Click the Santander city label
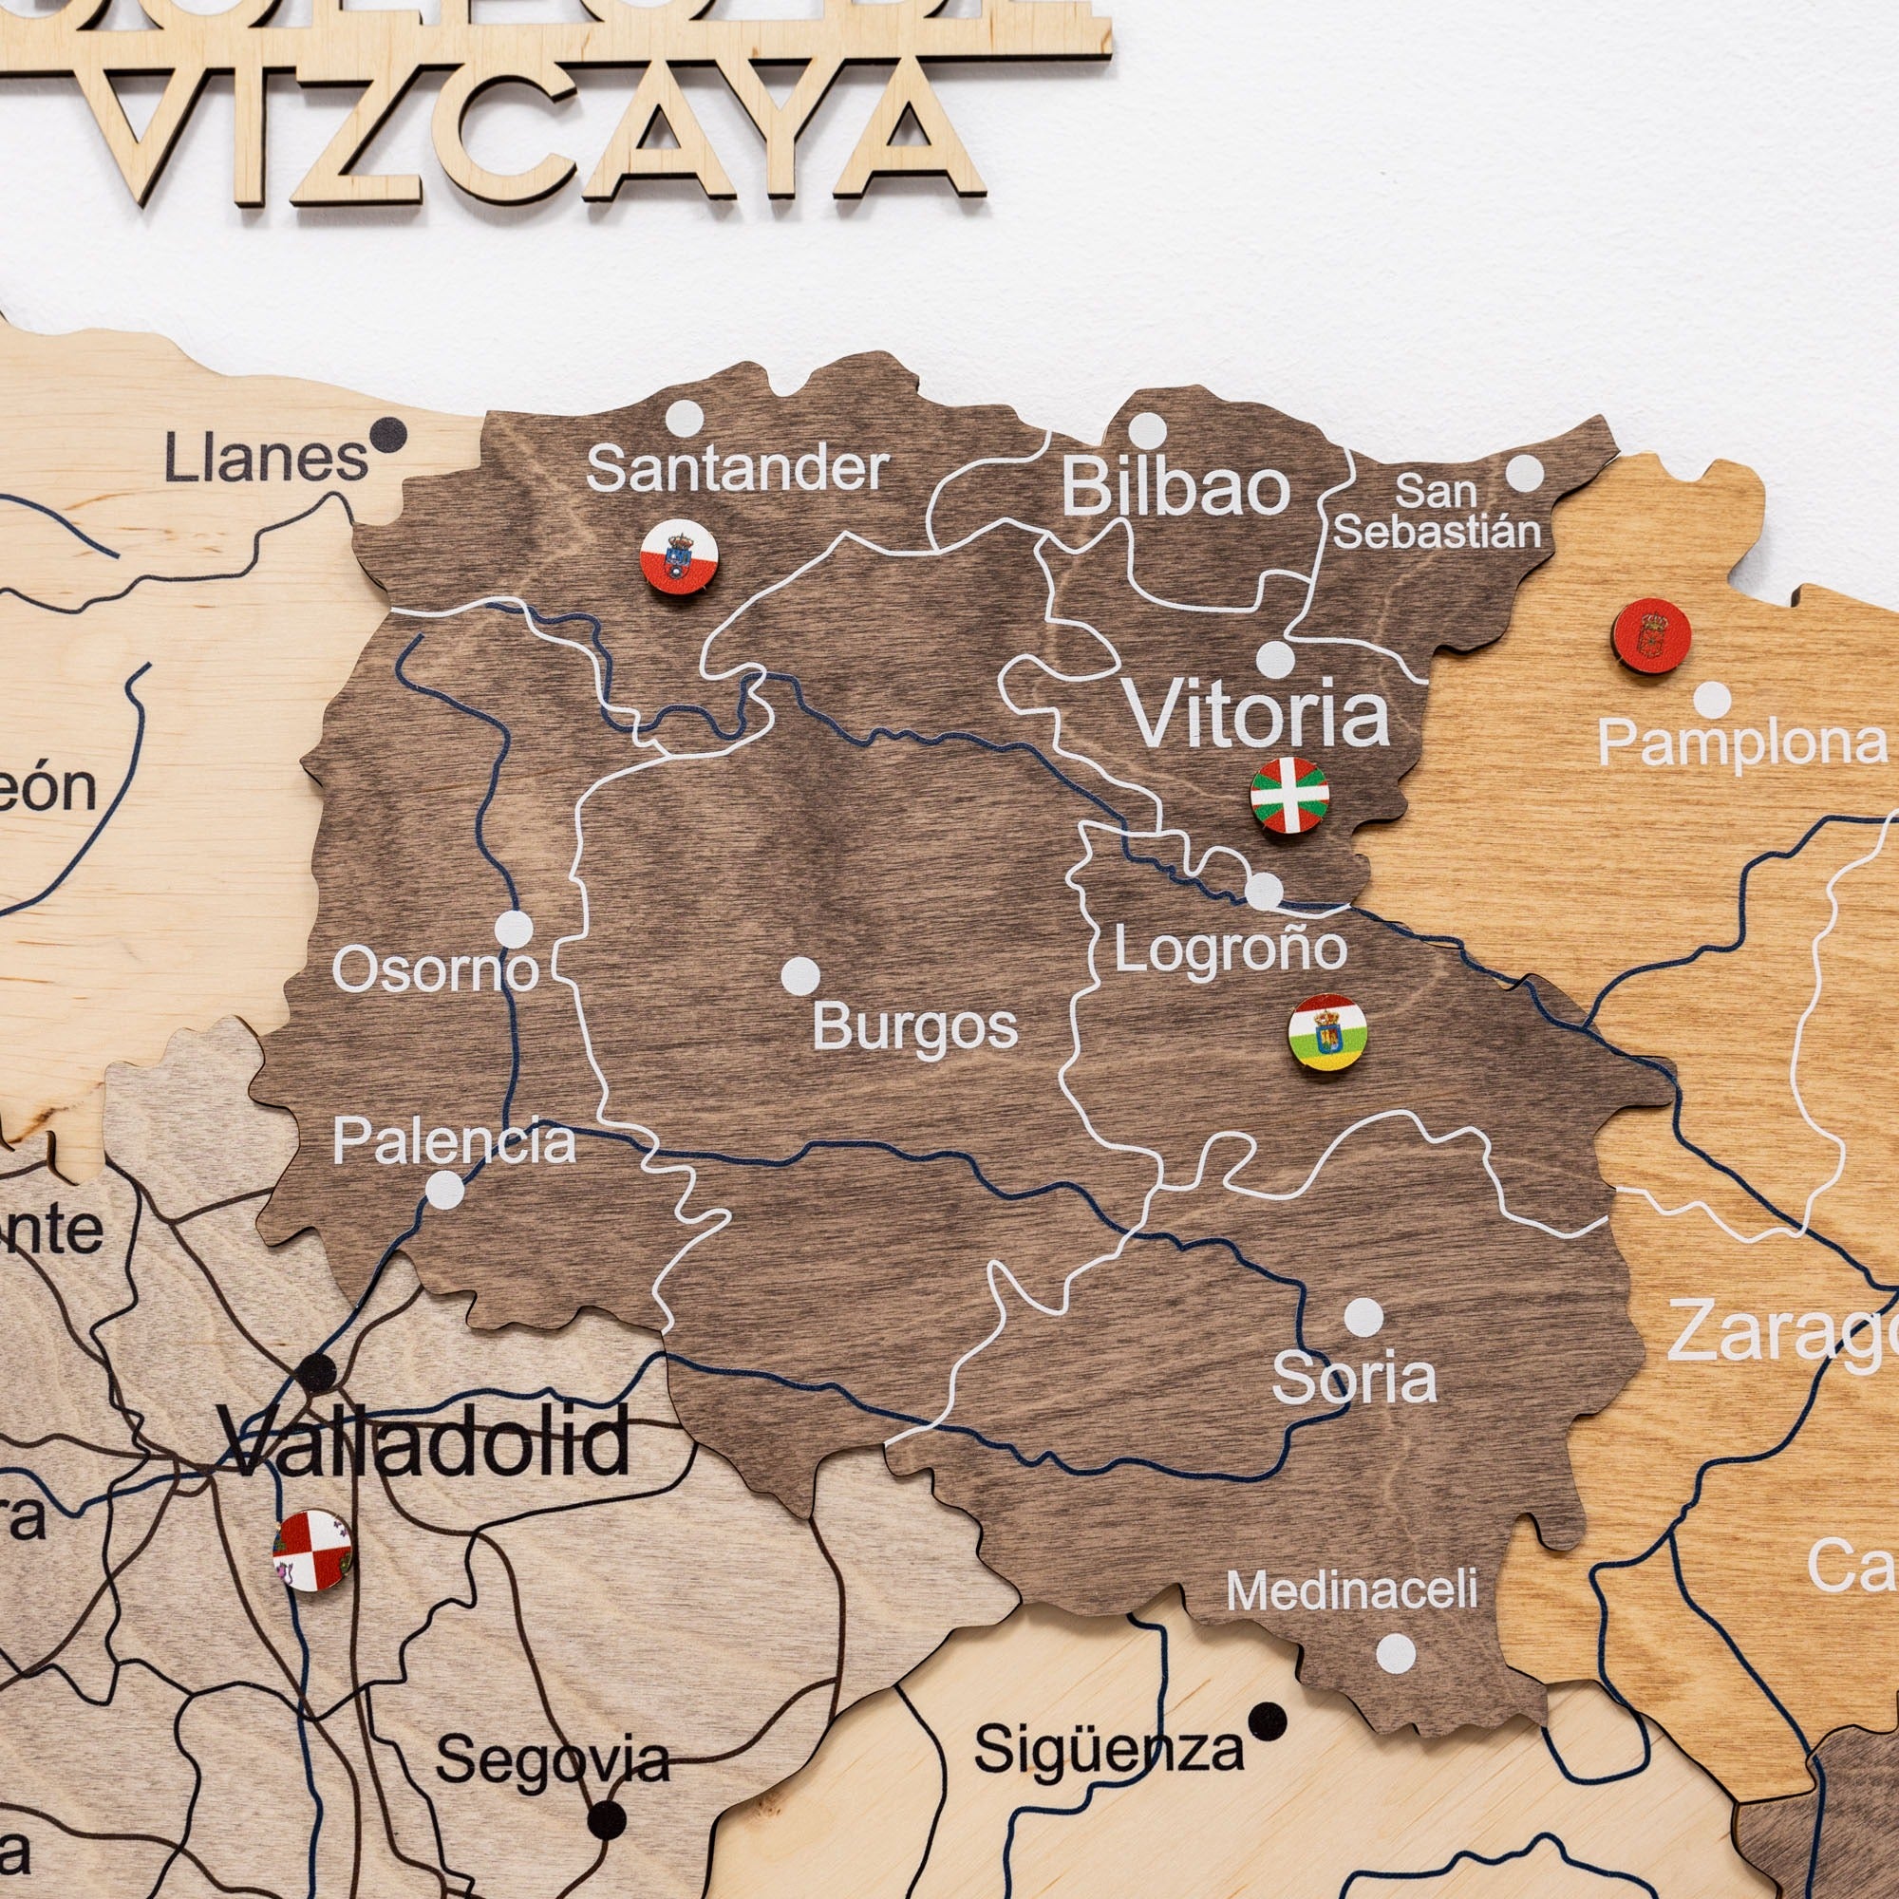coord(737,470)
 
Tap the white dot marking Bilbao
coord(1147,430)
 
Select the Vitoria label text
coord(1257,715)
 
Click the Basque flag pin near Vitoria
coord(1289,795)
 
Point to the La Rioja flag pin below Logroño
coord(1327,1032)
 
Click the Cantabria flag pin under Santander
coord(679,557)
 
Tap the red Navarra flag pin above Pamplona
coord(1651,636)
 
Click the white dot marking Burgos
coord(801,975)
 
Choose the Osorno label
coord(436,971)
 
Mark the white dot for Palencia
coord(444,1190)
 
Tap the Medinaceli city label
coord(1352,1589)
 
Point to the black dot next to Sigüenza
coord(1268,1720)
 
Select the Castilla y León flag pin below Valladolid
coord(312,1551)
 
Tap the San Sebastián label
coord(1437,512)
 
